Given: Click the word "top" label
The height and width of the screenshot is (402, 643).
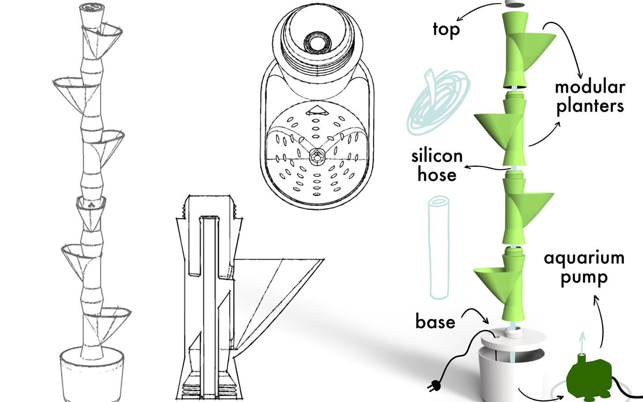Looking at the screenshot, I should (x=446, y=30).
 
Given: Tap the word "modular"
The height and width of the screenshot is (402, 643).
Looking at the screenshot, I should (x=589, y=87).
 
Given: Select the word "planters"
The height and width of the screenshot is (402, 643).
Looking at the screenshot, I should (x=589, y=107).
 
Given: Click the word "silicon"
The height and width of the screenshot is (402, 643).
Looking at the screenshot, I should (x=437, y=156).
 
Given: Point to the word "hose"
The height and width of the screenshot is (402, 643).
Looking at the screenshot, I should (x=437, y=175).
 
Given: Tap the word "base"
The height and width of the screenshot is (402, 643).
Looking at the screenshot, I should (x=435, y=322).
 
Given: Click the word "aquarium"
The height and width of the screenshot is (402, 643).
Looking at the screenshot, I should (x=584, y=258).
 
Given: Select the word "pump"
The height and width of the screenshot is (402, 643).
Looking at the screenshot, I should (x=584, y=278).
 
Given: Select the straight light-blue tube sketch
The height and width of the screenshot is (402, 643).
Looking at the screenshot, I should (x=438, y=248).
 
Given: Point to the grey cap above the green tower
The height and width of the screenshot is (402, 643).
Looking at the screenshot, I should (x=515, y=3).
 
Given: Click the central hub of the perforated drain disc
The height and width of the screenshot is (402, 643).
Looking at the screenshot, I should (x=317, y=157).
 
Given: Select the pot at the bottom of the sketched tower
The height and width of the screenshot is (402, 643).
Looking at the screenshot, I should (x=92, y=375).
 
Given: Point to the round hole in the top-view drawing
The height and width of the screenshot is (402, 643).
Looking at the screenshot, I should (x=316, y=43).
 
